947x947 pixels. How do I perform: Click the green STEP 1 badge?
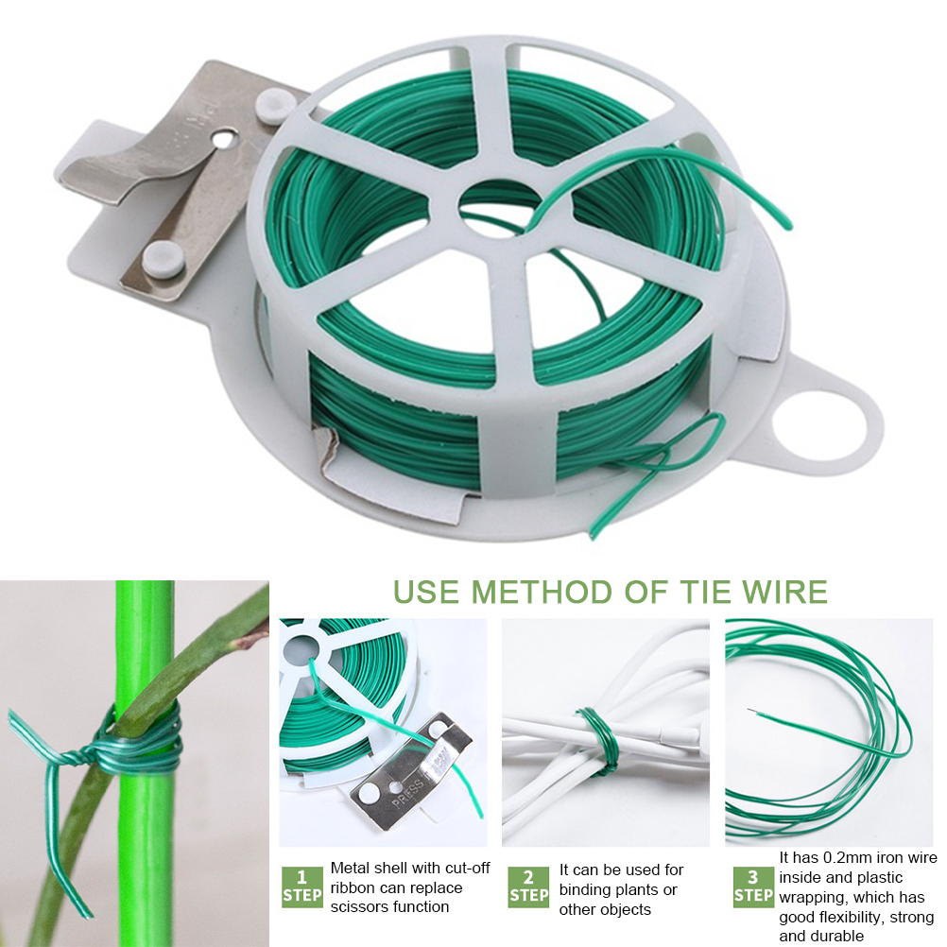302,887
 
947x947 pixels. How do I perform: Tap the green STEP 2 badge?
528,887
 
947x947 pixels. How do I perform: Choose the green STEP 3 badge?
753,887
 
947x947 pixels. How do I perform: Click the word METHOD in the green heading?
541,593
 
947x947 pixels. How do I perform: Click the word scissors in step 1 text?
362,907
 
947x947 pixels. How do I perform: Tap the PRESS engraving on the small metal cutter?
408,792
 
